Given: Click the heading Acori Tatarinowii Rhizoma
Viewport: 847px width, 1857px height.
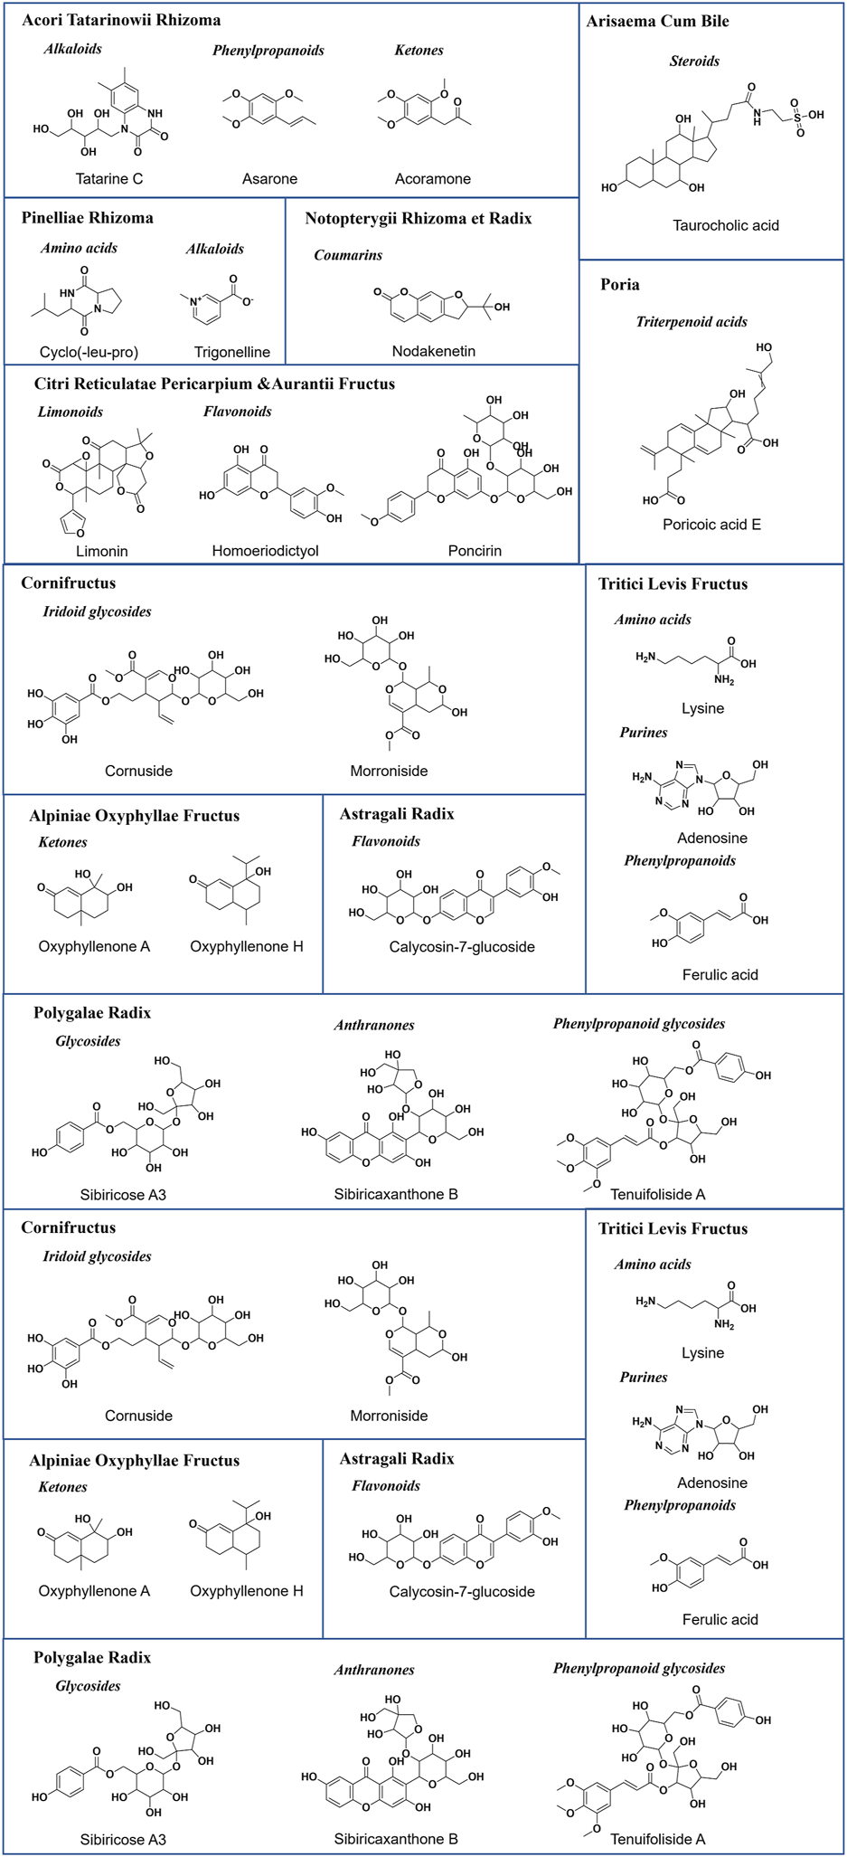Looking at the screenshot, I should [121, 20].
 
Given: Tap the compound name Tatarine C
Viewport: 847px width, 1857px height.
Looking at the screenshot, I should [108, 178].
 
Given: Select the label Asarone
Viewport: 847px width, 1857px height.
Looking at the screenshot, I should [269, 178].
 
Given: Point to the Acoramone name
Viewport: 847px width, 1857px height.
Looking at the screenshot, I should [432, 178].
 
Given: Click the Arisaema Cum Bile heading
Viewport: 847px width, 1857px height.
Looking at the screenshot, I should [657, 21].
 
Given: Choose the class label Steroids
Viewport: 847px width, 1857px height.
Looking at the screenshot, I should [694, 61].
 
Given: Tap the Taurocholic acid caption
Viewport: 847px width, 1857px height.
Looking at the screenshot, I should [725, 225].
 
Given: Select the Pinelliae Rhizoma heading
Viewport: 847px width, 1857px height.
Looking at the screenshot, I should [88, 217].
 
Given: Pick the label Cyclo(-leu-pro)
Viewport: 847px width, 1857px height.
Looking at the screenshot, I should [89, 352].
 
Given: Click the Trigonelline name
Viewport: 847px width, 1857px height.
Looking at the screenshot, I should [231, 352].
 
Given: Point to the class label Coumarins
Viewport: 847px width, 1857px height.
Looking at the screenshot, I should [348, 255].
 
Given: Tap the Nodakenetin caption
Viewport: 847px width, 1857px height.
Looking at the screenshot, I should [433, 351].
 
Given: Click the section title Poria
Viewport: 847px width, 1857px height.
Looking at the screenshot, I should [620, 285].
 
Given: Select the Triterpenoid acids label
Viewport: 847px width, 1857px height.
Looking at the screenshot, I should [692, 321].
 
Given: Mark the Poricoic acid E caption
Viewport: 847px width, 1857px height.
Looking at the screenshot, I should [711, 524].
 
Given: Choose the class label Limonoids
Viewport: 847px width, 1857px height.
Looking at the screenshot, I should [71, 412].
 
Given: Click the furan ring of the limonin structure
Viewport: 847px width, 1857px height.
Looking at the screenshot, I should [71, 521].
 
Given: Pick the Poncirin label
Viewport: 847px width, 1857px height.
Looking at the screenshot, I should [475, 550].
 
